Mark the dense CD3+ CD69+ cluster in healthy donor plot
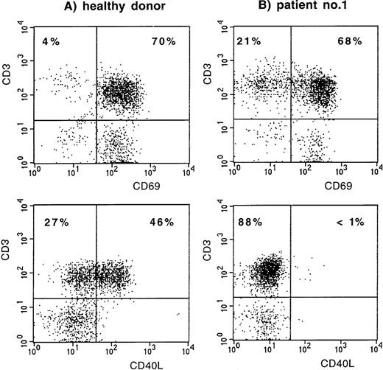(122, 92)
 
